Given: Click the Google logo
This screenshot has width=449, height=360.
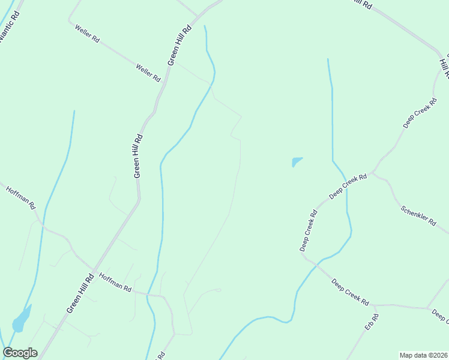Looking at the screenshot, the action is [20, 353].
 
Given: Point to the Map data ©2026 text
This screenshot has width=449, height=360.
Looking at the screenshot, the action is [423, 355].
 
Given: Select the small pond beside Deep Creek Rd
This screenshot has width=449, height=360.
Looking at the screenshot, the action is [297, 161].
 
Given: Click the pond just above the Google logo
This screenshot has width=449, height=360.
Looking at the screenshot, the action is [21, 320].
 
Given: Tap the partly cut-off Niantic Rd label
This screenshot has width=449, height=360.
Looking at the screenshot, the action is [9, 25].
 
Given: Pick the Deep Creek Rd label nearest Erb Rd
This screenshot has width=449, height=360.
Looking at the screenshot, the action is [351, 293].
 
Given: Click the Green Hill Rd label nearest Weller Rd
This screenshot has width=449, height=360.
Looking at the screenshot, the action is [179, 45].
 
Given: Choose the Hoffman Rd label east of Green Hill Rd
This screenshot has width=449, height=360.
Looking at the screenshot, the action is [115, 282].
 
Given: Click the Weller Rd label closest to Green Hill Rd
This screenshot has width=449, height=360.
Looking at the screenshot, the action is [148, 73].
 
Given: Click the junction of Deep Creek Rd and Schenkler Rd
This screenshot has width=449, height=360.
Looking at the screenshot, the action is [373, 173].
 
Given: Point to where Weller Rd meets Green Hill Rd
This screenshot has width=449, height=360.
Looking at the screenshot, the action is [169, 67].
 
